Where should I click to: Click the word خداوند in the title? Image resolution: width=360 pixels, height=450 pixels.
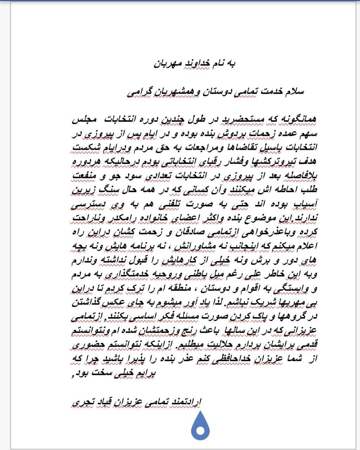click(x=198, y=63)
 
